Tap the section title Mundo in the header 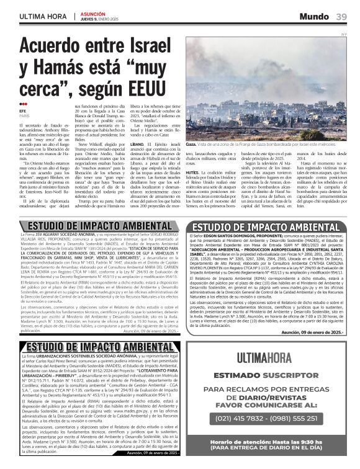tap(315, 16)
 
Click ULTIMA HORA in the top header tap(41, 16)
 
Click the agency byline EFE tap(23, 110)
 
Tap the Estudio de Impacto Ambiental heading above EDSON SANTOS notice tap(269, 227)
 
